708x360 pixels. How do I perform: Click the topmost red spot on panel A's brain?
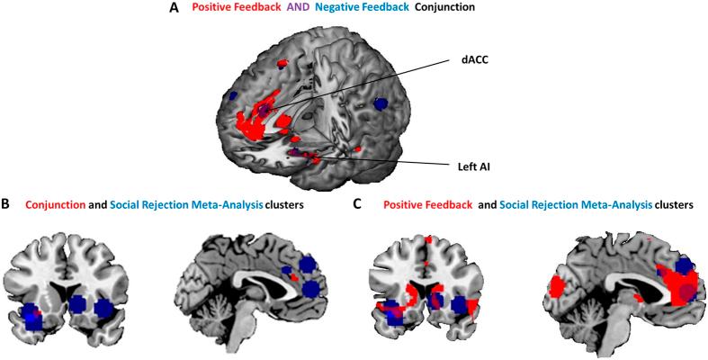(282, 64)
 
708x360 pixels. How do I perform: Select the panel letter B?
(6, 205)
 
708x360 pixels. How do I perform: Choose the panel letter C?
(358, 205)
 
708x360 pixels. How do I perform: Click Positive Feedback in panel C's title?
(427, 206)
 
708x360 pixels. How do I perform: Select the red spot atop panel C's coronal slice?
(429, 240)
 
